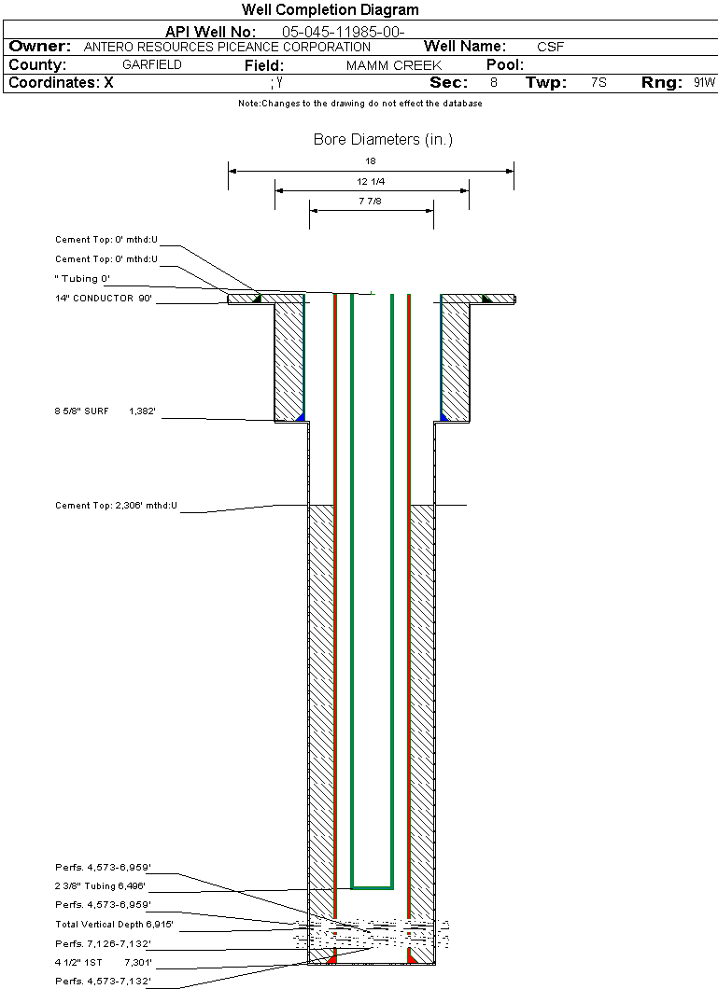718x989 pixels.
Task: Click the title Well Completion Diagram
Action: click(x=330, y=10)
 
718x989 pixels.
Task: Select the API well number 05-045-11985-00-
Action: click(x=343, y=32)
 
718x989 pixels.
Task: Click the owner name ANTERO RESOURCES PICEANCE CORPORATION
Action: click(x=227, y=47)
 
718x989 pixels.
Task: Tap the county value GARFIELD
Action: click(x=152, y=65)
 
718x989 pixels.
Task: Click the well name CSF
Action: click(x=550, y=47)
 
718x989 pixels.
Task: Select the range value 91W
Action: click(x=704, y=83)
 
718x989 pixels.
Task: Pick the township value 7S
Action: click(x=598, y=83)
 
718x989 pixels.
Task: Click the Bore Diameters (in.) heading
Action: click(x=383, y=140)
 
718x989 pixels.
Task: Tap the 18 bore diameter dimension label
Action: click(x=371, y=161)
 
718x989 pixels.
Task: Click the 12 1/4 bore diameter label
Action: click(x=371, y=181)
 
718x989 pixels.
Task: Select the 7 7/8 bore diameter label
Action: click(x=371, y=201)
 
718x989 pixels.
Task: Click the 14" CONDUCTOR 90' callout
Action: click(x=103, y=299)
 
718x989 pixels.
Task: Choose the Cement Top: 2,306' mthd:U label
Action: click(x=116, y=506)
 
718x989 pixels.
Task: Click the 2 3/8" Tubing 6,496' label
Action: click(x=100, y=886)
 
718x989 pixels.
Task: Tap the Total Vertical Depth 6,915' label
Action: click(x=114, y=925)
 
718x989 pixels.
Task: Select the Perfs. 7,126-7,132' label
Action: click(x=103, y=944)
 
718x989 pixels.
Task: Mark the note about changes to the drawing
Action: click(x=359, y=104)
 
